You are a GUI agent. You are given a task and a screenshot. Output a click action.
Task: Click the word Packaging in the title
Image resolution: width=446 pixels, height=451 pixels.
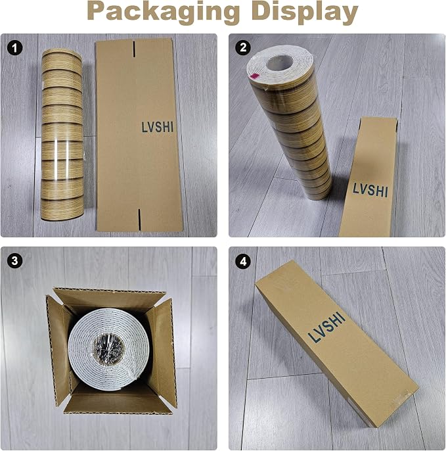click(163, 12)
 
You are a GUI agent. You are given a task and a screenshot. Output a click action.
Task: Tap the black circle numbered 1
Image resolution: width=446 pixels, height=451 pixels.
click(15, 48)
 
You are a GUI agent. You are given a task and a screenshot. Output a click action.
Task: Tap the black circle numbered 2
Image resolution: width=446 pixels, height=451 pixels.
click(243, 48)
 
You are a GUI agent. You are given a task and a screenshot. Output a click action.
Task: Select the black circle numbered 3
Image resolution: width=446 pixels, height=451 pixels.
click(15, 260)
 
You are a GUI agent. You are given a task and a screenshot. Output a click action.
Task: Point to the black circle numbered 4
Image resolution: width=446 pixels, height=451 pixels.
click(243, 262)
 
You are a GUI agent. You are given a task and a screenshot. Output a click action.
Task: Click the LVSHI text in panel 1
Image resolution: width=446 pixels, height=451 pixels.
click(158, 127)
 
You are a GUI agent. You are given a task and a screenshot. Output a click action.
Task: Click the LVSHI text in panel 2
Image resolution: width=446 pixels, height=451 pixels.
click(370, 189)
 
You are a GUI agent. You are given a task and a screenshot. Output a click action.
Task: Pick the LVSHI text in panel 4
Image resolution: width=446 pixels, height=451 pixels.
click(326, 327)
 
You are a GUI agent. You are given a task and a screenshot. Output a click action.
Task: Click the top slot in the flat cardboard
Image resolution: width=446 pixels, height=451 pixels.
click(134, 49)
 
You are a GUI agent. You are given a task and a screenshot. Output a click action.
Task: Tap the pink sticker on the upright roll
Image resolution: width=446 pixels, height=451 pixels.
click(254, 76)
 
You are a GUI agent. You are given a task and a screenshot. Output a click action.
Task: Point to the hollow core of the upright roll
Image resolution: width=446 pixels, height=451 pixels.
click(279, 63)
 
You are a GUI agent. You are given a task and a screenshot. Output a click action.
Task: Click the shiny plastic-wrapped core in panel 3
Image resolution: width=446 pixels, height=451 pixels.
click(109, 348)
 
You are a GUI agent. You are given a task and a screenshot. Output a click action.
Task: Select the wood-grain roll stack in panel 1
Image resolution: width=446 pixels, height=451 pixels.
click(62, 135)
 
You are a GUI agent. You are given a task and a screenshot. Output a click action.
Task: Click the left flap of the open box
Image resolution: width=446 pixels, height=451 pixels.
click(58, 350)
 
